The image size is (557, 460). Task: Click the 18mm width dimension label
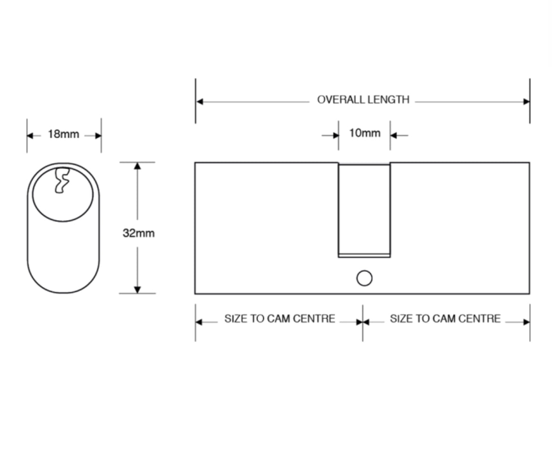point(63,134)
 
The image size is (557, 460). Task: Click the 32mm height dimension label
point(138,233)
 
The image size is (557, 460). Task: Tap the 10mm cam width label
point(365,133)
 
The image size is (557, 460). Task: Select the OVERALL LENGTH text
point(363,100)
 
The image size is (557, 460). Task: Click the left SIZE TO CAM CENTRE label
point(279,319)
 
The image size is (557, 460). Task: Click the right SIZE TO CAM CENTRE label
point(445,319)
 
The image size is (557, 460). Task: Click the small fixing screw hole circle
point(364,278)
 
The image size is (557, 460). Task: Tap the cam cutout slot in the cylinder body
point(364,210)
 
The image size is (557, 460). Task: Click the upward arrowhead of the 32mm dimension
point(138,166)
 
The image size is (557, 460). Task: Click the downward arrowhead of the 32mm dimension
point(138,290)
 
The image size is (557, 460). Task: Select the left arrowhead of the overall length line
point(200,101)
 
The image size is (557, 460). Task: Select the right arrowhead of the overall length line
point(526,101)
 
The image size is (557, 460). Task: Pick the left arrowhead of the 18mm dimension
point(30,136)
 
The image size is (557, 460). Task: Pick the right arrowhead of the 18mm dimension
point(98,136)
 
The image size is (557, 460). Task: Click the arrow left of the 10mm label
point(335,136)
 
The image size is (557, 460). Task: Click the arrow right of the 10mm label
point(394,136)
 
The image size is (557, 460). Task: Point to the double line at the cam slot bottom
point(364,256)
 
